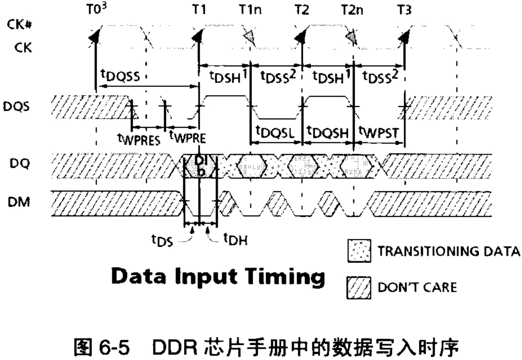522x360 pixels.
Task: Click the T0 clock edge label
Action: click(97, 10)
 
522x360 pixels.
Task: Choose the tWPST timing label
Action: click(378, 133)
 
